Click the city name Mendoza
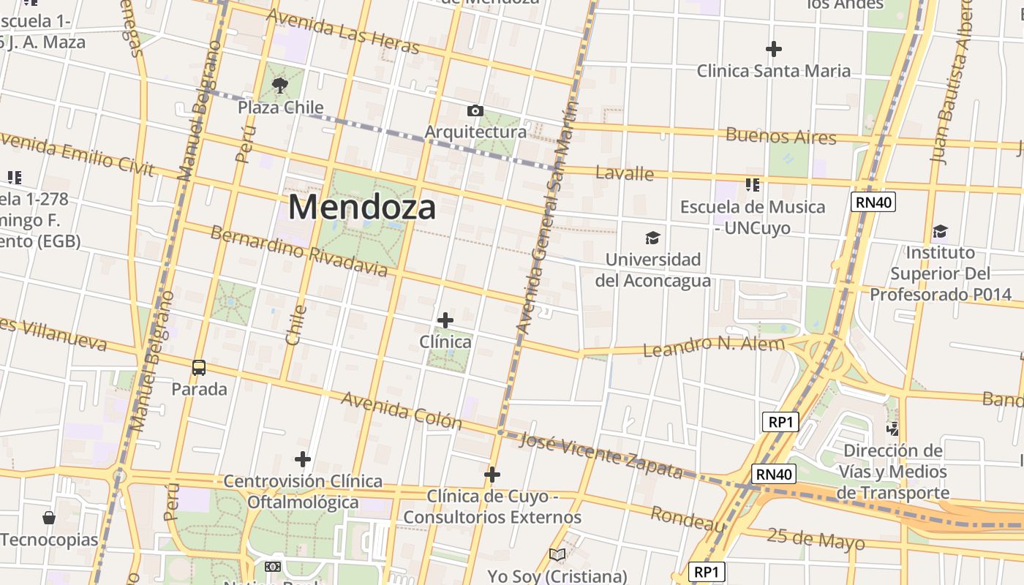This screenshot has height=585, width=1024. click(362, 207)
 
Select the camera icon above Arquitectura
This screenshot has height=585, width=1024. click(475, 110)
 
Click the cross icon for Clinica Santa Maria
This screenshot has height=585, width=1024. click(774, 49)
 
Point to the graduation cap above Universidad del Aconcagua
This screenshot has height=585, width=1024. click(652, 238)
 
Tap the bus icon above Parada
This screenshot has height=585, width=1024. click(199, 367)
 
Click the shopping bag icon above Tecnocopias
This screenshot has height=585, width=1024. click(49, 518)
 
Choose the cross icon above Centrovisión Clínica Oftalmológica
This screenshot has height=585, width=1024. click(303, 459)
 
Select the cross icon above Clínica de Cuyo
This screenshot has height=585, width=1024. click(492, 475)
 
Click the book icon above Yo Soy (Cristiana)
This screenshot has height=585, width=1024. click(557, 554)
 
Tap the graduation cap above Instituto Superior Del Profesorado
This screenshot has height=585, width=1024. click(940, 232)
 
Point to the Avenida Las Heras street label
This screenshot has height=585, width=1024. click(343, 31)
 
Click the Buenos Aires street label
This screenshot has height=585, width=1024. click(780, 136)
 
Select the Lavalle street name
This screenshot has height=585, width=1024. click(624, 173)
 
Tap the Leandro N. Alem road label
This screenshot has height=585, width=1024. click(713, 345)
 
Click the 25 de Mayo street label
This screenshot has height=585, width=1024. click(816, 539)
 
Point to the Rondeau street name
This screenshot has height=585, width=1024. click(688, 520)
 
